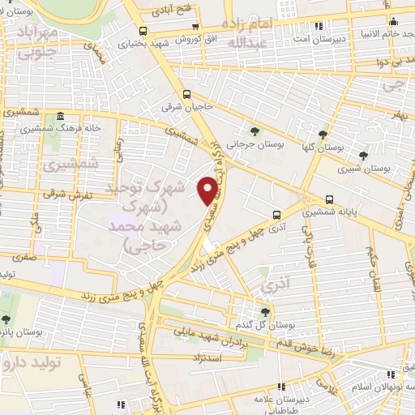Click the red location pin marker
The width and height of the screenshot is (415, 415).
coord(208,190)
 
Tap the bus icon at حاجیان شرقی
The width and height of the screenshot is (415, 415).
coord(188,93)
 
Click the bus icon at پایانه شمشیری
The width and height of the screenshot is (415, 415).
coord(330,199)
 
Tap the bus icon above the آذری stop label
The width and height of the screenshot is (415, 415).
coord(278,216)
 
